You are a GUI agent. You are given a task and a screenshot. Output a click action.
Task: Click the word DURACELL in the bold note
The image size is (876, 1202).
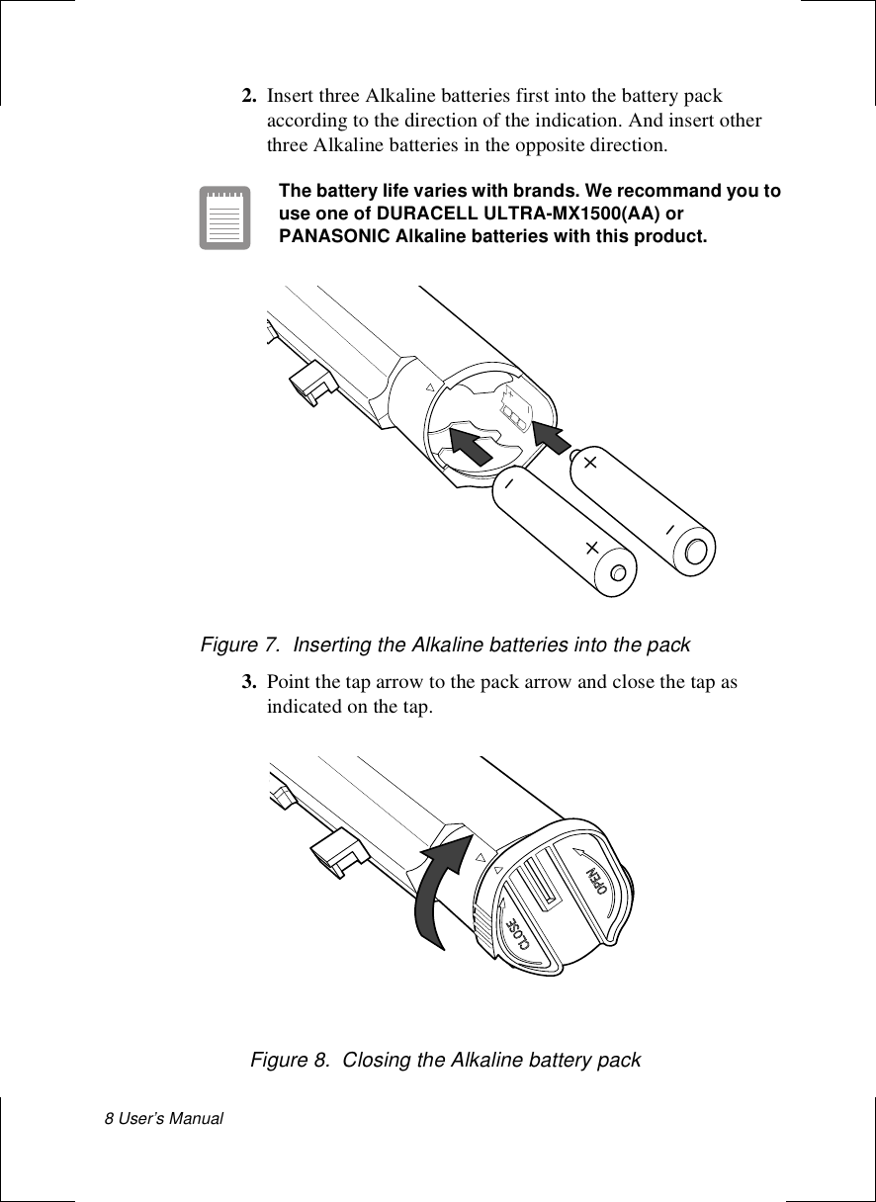[383, 215]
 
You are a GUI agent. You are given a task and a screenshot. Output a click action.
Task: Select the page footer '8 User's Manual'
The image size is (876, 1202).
[165, 1118]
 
